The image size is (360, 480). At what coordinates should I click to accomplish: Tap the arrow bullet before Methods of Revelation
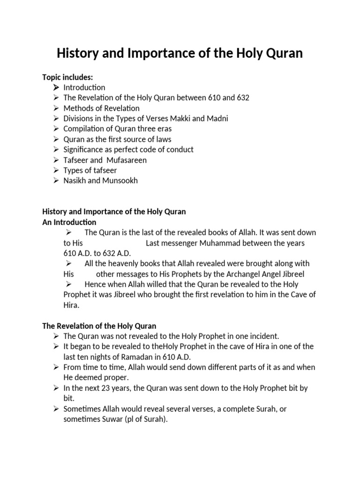[56, 108]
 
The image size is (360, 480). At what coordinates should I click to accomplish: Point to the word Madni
[217, 119]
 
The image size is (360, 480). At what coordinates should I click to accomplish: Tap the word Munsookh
[120, 180]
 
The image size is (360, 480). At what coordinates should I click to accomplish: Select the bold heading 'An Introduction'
[69, 222]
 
